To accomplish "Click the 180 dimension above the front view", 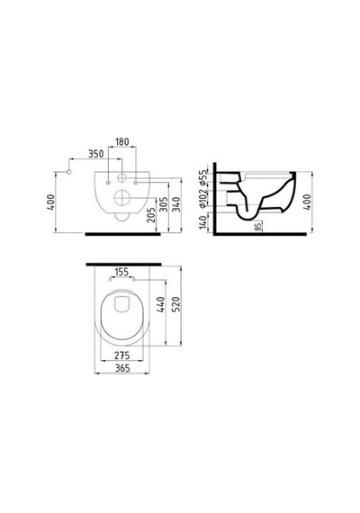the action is [122, 142].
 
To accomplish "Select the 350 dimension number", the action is [96, 154].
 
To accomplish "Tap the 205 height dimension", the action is [151, 215].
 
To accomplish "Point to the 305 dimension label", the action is [164, 204].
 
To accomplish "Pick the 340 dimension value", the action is [176, 204].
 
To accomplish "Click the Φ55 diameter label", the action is [203, 175].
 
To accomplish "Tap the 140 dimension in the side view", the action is [203, 221].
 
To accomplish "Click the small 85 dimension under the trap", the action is [258, 226].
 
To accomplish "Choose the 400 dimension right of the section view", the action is [307, 202].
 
